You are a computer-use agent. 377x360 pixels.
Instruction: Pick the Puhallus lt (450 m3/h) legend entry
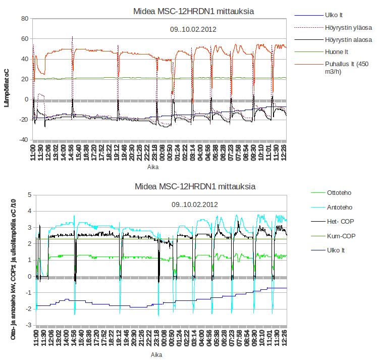click(348, 68)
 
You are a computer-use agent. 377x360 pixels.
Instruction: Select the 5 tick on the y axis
click(30, 195)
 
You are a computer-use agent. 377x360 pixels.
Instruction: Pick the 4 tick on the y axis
click(30, 211)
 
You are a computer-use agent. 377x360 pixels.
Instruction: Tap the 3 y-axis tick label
click(30, 227)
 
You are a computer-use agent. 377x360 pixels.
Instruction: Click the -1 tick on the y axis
click(29, 292)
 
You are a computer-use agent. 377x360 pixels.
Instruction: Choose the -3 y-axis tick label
click(29, 325)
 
